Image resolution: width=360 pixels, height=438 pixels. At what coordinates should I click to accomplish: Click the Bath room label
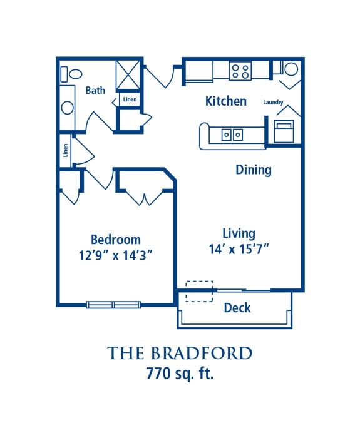[x=95, y=91]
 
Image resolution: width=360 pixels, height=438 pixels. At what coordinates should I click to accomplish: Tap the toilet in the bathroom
[x=71, y=74]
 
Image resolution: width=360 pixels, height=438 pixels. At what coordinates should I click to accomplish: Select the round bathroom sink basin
[x=68, y=108]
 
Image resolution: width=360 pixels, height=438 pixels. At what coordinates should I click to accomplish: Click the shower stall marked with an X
[x=128, y=75]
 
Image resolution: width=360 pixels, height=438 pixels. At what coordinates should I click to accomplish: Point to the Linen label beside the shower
[x=130, y=99]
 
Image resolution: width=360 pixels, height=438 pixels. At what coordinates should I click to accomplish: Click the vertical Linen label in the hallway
[x=65, y=150]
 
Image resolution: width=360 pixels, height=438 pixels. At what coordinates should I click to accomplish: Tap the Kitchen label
[x=226, y=101]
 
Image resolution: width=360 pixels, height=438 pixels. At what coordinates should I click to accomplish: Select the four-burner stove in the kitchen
[x=240, y=71]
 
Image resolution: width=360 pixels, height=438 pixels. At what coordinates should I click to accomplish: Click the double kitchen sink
[x=232, y=135]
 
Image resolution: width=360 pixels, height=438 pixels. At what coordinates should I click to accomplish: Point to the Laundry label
[x=273, y=102]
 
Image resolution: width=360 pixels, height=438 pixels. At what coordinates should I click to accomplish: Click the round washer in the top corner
[x=291, y=69]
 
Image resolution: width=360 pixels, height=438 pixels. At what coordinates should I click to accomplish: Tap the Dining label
[x=254, y=170]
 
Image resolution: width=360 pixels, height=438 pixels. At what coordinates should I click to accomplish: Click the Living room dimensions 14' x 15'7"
[x=239, y=249]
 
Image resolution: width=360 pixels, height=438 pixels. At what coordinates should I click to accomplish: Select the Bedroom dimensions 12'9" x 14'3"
[x=115, y=255]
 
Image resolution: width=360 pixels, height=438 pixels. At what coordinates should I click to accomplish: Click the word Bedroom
[x=116, y=240]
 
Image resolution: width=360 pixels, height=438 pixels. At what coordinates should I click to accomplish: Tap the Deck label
[x=237, y=308]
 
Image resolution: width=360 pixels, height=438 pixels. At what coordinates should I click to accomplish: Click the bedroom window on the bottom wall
[x=113, y=305]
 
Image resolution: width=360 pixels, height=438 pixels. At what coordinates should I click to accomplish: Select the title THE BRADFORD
[x=180, y=353]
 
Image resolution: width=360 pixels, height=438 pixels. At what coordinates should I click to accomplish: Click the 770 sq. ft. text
[x=180, y=373]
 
